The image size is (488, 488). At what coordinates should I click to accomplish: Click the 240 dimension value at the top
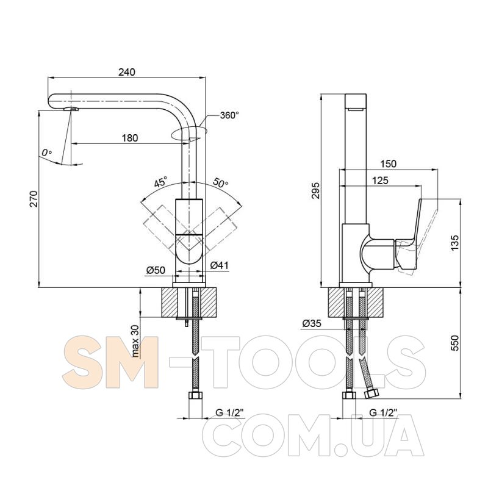(127, 72)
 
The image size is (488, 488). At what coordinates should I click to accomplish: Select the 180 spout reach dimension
(129, 138)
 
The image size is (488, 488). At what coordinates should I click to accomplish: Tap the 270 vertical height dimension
(34, 199)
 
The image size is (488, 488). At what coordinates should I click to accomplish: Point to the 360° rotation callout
(230, 115)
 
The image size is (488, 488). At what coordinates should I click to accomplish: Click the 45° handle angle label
(160, 181)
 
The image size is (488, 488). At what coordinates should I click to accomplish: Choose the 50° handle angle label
(221, 182)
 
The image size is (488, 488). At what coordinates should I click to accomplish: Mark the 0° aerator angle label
(47, 153)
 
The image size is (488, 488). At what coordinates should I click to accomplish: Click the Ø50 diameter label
(156, 270)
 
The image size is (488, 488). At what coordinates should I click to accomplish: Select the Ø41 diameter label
(220, 265)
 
